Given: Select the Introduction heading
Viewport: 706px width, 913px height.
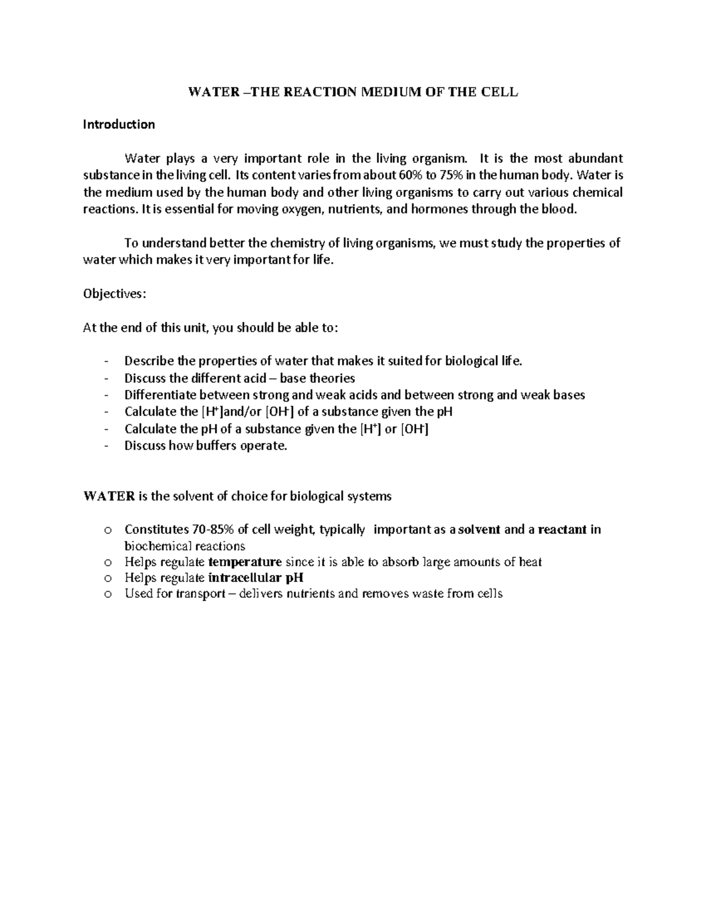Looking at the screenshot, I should (119, 125).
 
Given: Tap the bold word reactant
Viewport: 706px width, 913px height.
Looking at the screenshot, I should (562, 530).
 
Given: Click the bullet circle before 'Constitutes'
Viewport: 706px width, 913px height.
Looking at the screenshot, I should (107, 530).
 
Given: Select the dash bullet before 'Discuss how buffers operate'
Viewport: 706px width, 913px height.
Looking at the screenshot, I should (105, 446).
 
